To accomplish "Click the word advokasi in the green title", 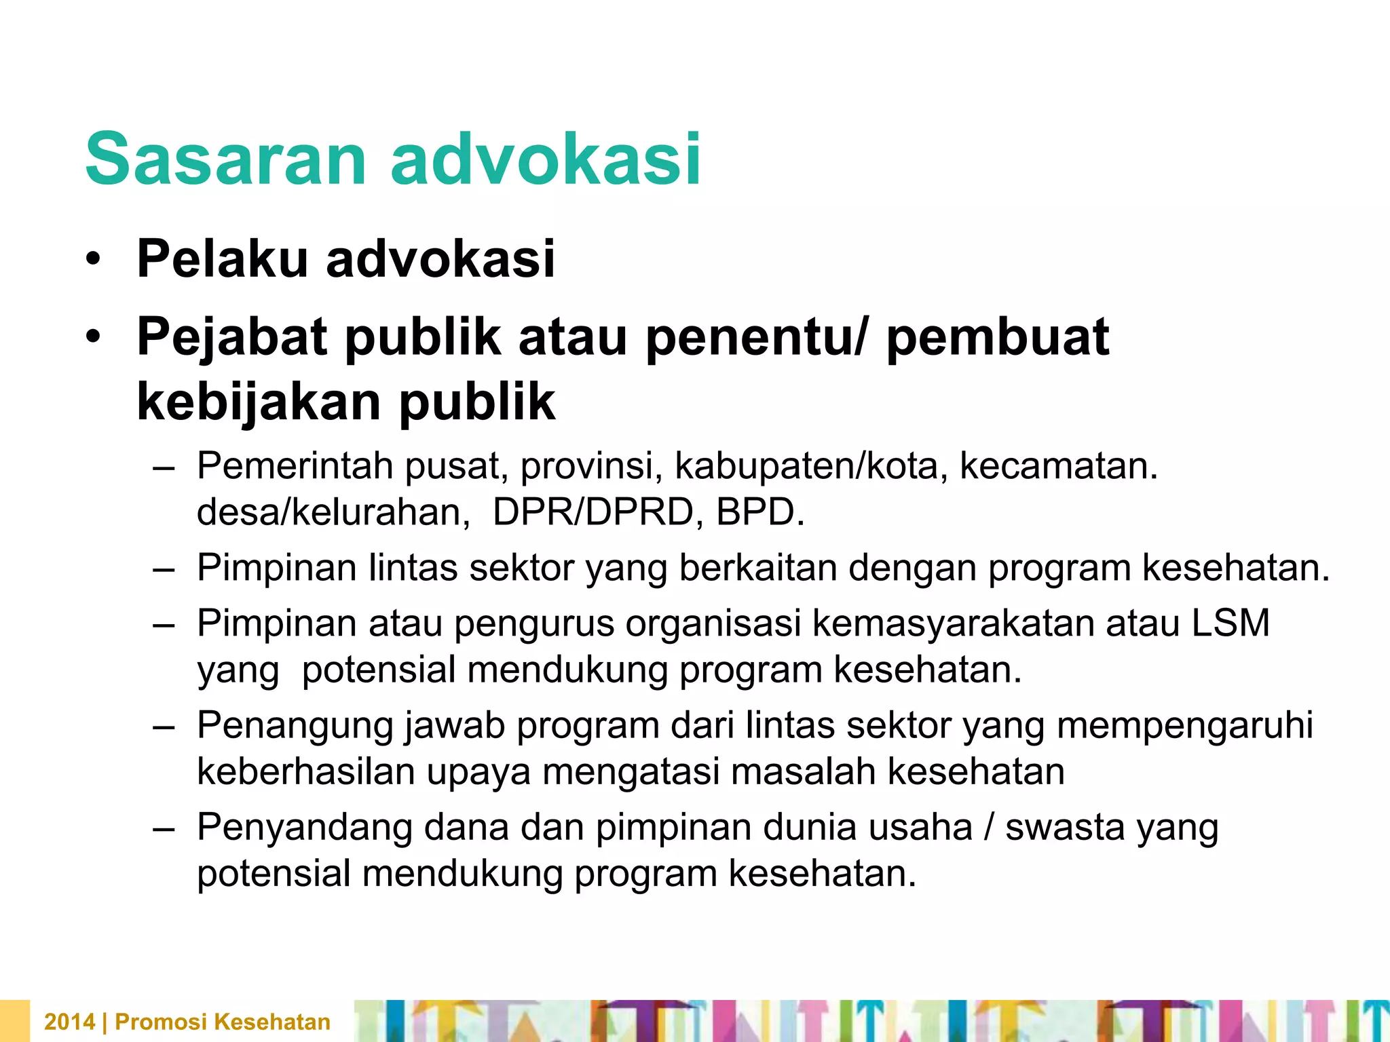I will point(546,159).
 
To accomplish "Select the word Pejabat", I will point(232,338).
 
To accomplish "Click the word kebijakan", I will point(259,402).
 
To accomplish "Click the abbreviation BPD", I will point(759,512).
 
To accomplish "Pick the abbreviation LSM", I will point(1231,623).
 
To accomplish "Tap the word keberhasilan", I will point(305,772).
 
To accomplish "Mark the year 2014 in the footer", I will point(69,1022).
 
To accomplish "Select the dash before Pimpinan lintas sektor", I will point(164,568).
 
